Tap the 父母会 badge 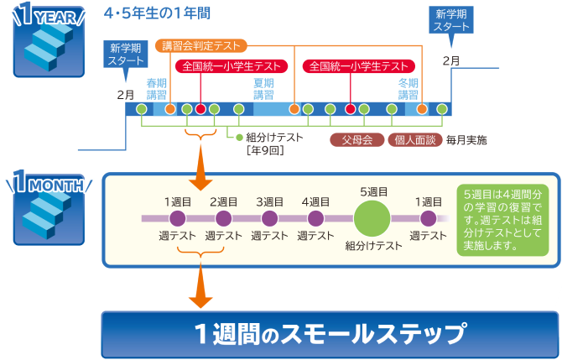coord(356,139)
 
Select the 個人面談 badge coord(414,139)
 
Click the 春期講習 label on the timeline coord(157,88)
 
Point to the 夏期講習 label coord(264,88)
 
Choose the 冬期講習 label coord(408,88)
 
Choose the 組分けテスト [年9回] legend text coord(270,143)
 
